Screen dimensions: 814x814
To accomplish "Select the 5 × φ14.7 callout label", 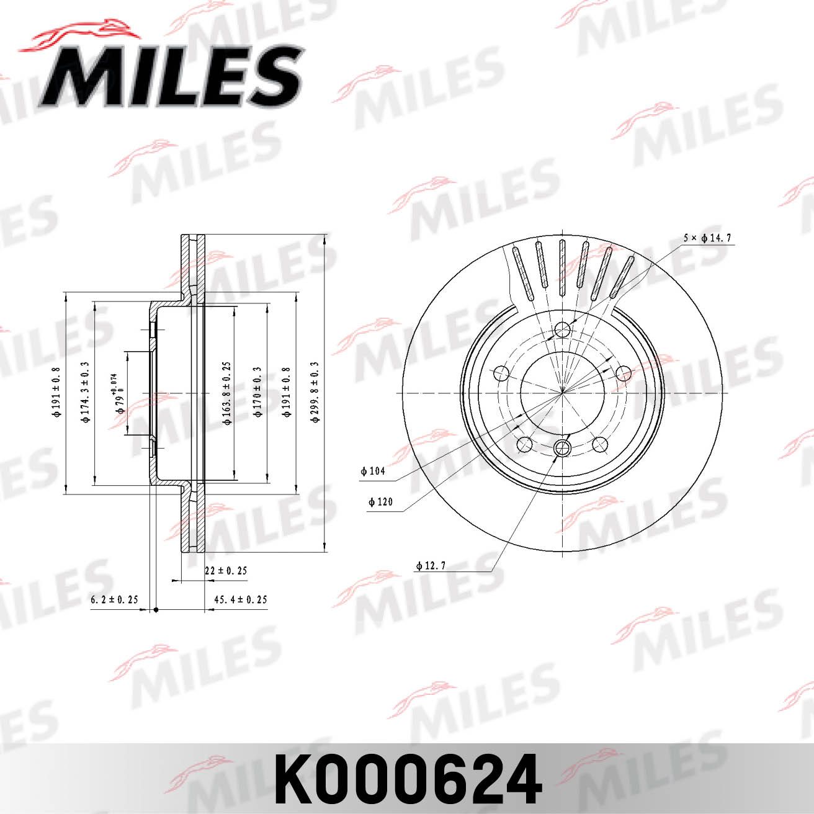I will point(708,238).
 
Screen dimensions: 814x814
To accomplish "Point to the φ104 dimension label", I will point(373,472).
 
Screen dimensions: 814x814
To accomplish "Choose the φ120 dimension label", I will point(380,501).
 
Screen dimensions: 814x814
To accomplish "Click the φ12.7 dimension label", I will point(430,566).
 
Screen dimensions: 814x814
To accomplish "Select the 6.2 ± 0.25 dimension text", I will point(114,600).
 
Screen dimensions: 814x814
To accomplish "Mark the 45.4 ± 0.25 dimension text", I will point(240,600).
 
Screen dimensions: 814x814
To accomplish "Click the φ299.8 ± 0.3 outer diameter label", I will point(315,392).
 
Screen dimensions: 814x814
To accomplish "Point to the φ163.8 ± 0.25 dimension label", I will point(227,393).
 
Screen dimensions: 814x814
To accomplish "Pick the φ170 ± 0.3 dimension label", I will point(259,393).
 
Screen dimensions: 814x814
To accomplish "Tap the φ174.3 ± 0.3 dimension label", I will point(86,393).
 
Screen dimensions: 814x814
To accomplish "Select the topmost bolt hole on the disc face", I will point(563,329).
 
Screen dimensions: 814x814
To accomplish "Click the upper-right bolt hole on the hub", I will point(623,373).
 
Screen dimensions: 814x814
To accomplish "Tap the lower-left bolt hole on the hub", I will point(525,444).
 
